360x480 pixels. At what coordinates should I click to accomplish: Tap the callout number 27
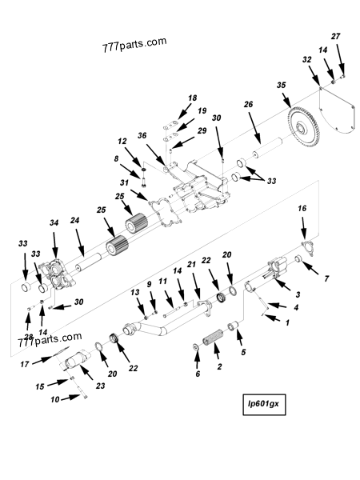pyautogui.click(x=336, y=36)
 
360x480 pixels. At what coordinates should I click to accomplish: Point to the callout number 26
pyautogui.click(x=248, y=104)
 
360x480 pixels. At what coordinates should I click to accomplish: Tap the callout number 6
pyautogui.click(x=197, y=373)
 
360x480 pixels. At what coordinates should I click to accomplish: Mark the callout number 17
pyautogui.click(x=26, y=364)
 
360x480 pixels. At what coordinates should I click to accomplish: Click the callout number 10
pyautogui.click(x=55, y=398)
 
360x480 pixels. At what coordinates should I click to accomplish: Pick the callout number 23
pyautogui.click(x=100, y=386)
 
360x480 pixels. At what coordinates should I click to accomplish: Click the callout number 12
pyautogui.click(x=123, y=141)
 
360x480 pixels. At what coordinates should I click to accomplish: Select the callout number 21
pyautogui.click(x=192, y=265)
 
